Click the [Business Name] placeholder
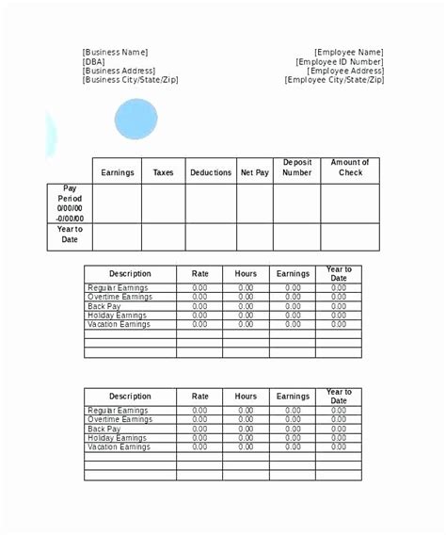[x=115, y=53]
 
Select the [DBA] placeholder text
[x=95, y=62]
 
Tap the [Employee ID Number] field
[x=340, y=62]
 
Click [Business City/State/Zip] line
[x=130, y=80]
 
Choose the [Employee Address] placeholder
[x=344, y=71]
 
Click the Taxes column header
[x=163, y=172]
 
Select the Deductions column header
[x=210, y=172]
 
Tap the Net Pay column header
[x=254, y=172]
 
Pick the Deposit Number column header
[x=296, y=168]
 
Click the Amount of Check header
[x=349, y=168]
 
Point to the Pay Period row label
[x=70, y=202]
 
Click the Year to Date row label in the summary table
[x=70, y=235]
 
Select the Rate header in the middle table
[x=199, y=274]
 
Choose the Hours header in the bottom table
[x=246, y=397]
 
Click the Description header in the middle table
[x=130, y=274]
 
